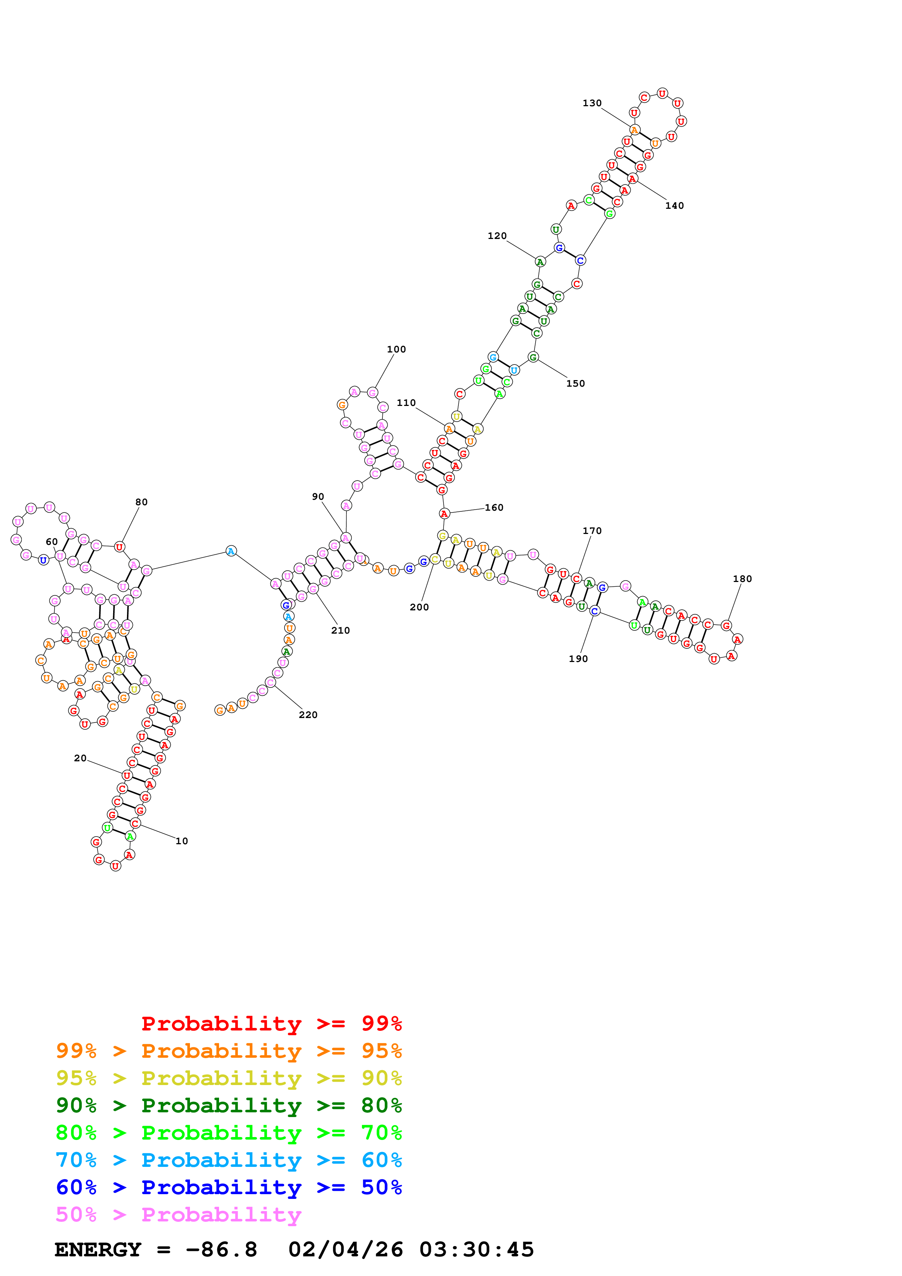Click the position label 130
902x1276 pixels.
tap(592, 103)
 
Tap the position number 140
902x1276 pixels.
tap(674, 206)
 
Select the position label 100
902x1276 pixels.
tap(396, 349)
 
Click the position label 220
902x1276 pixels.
tap(308, 715)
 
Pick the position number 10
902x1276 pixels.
tap(182, 841)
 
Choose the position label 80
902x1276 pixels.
tap(142, 502)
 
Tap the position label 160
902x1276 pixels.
tap(494, 507)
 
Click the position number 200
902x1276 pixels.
tap(419, 607)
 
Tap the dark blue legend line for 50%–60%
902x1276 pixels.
tap(229, 1187)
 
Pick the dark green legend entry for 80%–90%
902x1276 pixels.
tap(229, 1105)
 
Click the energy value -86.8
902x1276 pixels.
tap(221, 1250)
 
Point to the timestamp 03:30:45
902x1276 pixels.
tap(476, 1250)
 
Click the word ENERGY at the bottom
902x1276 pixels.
tap(98, 1250)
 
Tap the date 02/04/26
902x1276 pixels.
tap(345, 1250)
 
